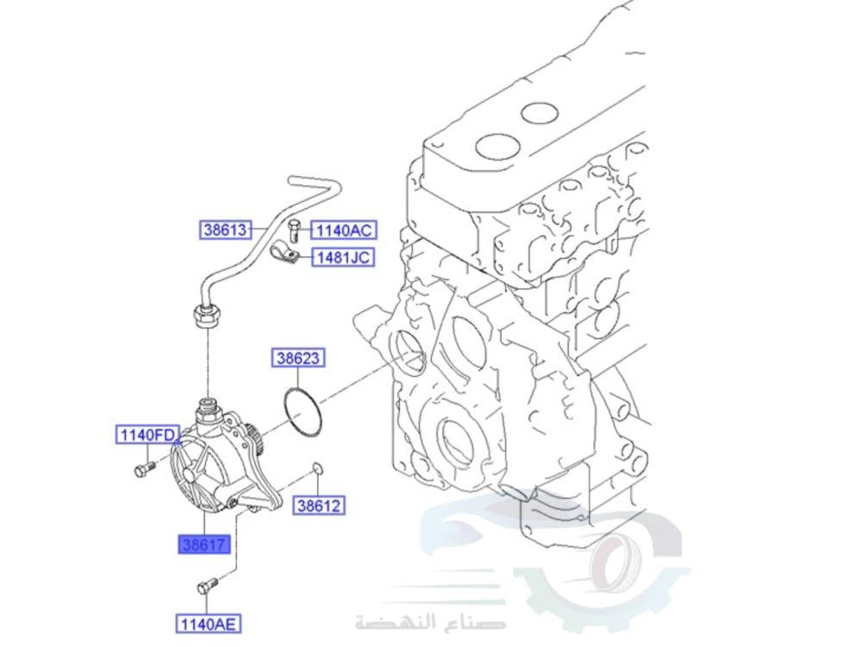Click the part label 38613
(x=225, y=230)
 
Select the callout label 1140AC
(x=342, y=230)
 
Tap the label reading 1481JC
(x=342, y=257)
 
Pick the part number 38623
(x=298, y=357)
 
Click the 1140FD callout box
(x=147, y=435)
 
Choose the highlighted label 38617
(x=204, y=544)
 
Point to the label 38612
(x=319, y=506)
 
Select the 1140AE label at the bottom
(x=209, y=623)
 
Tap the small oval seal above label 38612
(x=316, y=468)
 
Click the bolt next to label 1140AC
(x=295, y=229)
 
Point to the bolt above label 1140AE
(x=205, y=587)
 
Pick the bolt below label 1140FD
(x=142, y=469)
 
